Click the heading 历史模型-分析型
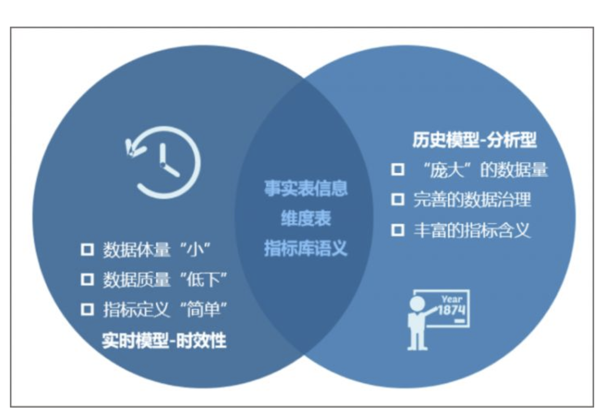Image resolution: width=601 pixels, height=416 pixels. tap(474, 140)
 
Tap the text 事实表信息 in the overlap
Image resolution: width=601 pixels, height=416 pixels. tap(306, 188)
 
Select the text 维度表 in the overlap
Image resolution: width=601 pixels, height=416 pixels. tap(306, 219)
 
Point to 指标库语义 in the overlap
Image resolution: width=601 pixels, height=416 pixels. tap(306, 249)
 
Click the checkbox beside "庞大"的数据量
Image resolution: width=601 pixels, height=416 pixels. tap(398, 169)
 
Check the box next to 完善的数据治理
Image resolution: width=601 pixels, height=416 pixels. tap(398, 199)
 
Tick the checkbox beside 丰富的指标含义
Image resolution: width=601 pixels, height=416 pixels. tap(398, 230)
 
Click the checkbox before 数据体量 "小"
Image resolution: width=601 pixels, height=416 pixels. tap(87, 250)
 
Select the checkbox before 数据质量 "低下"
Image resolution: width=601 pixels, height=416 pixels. tap(87, 280)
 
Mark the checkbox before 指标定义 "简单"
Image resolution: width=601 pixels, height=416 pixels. tap(87, 310)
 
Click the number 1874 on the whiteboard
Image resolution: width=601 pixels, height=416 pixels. tap(452, 310)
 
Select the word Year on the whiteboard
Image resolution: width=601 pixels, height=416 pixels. tap(452, 299)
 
